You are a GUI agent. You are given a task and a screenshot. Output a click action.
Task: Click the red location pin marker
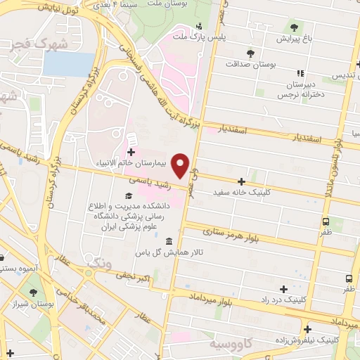click(181, 166)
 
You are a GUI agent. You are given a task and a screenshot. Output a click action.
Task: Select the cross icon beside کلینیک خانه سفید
click(243, 181)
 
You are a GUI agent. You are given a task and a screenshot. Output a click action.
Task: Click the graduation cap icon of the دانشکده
click(127, 196)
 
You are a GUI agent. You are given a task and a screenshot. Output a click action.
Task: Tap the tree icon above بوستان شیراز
click(32, 291)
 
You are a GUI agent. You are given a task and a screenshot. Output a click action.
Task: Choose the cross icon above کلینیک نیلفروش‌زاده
click(307, 328)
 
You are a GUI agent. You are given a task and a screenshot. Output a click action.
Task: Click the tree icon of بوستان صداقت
click(250, 53)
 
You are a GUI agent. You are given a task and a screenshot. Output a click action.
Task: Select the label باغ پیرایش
click(294, 39)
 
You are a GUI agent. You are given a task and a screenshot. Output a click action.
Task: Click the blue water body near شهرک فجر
click(58, 64)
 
